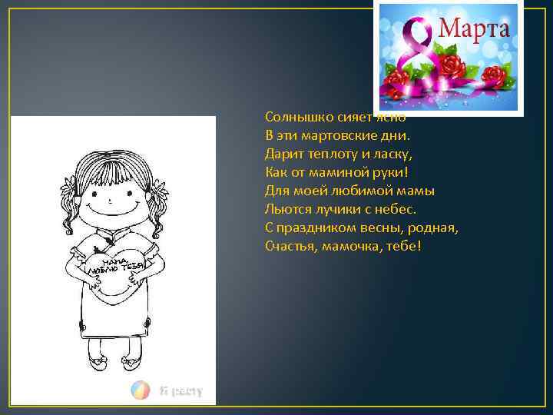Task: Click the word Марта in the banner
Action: (x=474, y=29)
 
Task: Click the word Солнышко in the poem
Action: (x=295, y=118)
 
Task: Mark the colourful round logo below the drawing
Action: (x=140, y=390)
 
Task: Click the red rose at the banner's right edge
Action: (x=495, y=75)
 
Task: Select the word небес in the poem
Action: (x=397, y=208)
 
